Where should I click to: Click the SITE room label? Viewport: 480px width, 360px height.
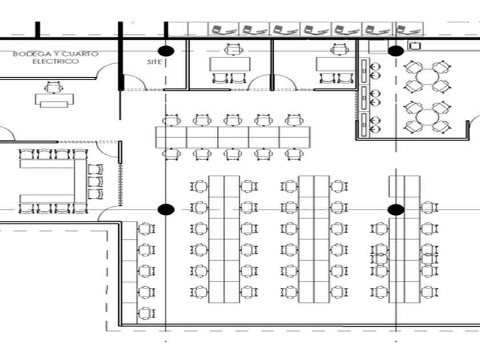point(154,62)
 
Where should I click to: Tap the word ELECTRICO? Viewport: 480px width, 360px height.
point(56,62)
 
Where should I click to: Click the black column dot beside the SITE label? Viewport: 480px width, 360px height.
point(166,51)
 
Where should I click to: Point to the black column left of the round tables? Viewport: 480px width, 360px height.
point(396,51)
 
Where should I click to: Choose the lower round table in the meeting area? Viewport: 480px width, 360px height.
point(427,117)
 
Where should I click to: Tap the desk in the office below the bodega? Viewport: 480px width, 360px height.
point(54,100)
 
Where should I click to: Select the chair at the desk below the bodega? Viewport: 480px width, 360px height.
point(54,87)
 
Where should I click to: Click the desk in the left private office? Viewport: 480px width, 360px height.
point(230,64)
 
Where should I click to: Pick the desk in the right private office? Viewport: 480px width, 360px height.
point(335,64)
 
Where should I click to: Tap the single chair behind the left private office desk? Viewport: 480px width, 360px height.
point(234,50)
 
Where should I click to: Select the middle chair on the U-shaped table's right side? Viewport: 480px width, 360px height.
point(95,182)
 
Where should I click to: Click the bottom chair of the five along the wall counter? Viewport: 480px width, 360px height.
point(147,314)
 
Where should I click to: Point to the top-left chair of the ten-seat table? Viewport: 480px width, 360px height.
point(172,120)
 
